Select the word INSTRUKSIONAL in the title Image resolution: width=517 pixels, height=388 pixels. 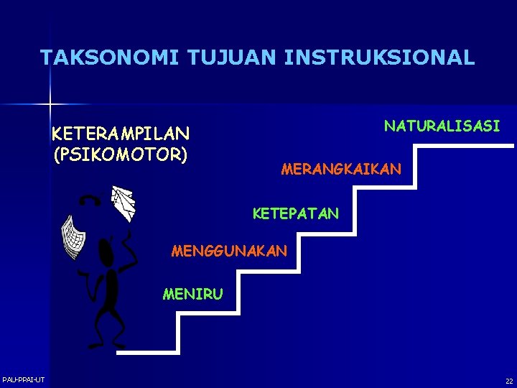[x=379, y=57]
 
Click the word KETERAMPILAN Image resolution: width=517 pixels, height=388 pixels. [x=121, y=134]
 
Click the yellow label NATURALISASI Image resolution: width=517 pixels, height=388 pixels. [x=442, y=126]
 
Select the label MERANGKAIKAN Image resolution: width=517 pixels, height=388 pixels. [x=342, y=170]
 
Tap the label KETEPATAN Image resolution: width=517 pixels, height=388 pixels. [x=295, y=213]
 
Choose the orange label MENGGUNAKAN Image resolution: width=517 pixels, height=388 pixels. [x=229, y=251]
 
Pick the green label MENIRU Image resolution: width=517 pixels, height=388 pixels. [x=192, y=293]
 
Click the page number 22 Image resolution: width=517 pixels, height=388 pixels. [x=508, y=381]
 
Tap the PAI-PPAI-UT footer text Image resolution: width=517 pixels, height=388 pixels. [x=23, y=379]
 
